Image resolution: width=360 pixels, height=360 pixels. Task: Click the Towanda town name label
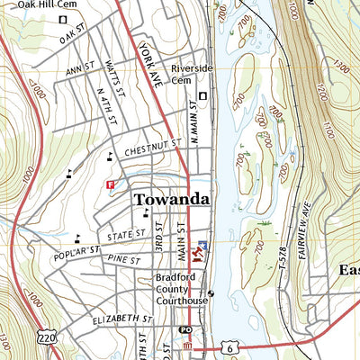(x=172, y=199)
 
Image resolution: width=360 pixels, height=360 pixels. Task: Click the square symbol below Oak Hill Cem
(x=63, y=19)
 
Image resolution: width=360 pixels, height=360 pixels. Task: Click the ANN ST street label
(x=79, y=67)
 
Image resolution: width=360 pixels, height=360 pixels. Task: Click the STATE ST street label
(x=127, y=234)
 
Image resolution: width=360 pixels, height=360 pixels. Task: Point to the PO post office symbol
(x=184, y=330)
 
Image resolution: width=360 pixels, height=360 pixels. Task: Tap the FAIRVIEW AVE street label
(x=316, y=217)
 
